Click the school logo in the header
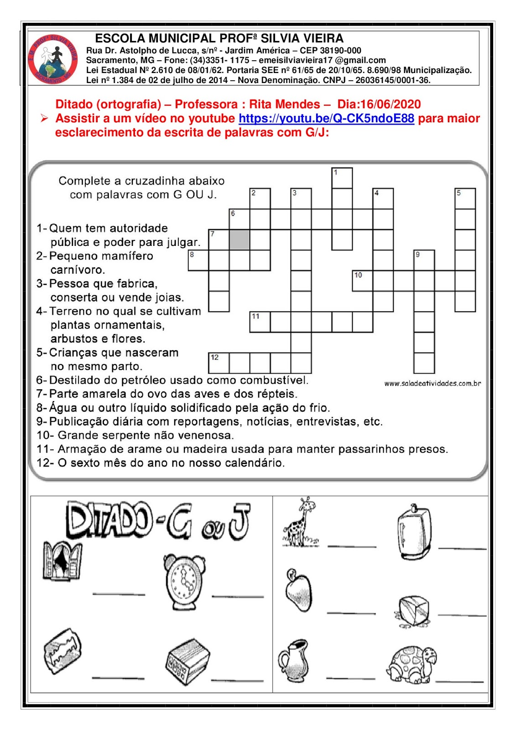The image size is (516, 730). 53,59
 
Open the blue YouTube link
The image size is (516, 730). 326,118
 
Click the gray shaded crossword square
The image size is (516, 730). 240,240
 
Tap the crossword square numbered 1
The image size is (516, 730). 342,178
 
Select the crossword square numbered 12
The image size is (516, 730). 219,363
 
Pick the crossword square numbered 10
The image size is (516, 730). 362,281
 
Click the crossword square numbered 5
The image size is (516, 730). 465,198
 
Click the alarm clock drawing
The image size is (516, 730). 184,582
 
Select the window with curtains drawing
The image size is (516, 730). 62,560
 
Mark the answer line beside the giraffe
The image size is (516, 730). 352,546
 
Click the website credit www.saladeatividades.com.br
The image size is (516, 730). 433,384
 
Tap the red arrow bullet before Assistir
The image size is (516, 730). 44,118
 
